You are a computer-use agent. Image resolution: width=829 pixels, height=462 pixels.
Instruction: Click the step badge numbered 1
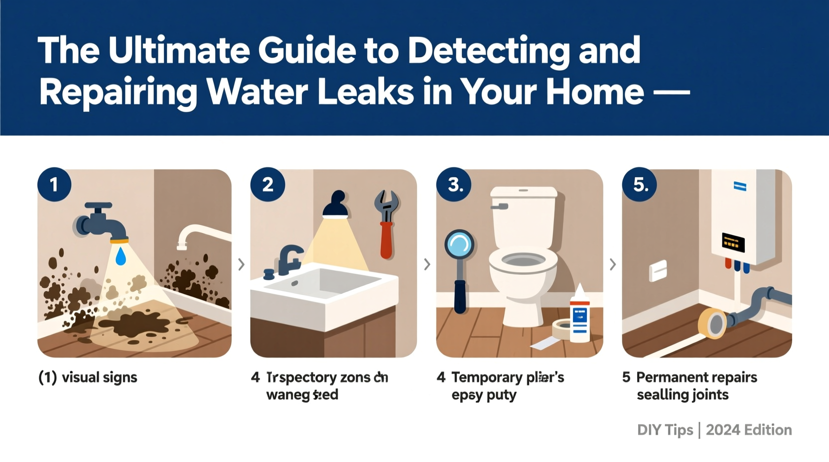(54, 185)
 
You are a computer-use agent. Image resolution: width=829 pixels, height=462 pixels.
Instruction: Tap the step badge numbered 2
(268, 185)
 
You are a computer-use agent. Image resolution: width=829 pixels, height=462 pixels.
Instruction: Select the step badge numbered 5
(640, 185)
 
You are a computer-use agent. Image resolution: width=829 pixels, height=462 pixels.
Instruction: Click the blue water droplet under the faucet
(121, 257)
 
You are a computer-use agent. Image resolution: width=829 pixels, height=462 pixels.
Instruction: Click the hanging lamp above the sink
(336, 205)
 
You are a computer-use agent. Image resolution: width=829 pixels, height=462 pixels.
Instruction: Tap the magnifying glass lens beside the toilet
(459, 244)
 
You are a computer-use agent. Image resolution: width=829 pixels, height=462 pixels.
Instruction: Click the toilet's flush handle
(500, 206)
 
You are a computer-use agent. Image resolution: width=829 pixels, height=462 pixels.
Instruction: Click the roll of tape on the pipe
(713, 324)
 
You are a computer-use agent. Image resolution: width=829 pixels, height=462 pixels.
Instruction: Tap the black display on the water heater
(733, 243)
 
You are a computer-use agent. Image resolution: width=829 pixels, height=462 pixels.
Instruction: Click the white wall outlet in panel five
(658, 271)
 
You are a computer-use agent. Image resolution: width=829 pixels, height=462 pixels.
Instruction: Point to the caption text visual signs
(99, 377)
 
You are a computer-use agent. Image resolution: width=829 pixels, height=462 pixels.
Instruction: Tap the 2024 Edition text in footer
(748, 430)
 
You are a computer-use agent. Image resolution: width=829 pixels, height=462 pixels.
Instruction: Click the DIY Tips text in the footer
(665, 430)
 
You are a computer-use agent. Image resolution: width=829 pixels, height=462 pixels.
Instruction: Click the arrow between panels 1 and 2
(241, 264)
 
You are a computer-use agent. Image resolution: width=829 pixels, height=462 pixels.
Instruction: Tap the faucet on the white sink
(288, 259)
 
